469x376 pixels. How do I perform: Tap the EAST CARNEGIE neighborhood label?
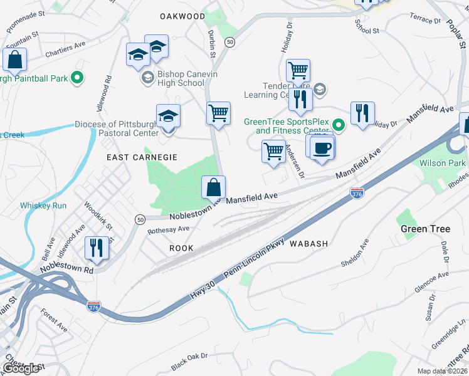142,157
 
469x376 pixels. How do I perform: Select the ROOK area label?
181,248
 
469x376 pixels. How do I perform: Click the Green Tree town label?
425,229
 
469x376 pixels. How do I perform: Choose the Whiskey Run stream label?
43,206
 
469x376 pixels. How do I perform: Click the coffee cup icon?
322,149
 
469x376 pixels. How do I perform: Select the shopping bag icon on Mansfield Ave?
213,186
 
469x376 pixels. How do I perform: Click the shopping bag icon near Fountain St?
15,60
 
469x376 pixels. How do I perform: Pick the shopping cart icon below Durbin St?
218,113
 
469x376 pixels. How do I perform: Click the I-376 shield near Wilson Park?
357,193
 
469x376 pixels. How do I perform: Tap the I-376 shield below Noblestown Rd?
93,306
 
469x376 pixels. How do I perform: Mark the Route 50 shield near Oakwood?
231,41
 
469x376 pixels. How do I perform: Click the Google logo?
21,368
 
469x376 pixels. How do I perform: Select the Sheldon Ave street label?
356,254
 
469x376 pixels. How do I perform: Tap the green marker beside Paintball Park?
77,78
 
